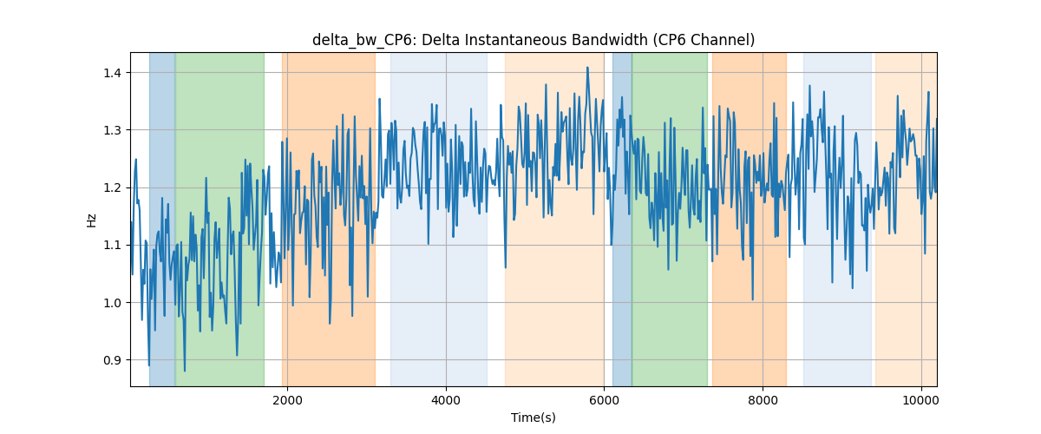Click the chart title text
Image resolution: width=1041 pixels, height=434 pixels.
[x=534, y=40]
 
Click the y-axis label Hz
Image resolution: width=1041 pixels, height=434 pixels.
[x=92, y=220]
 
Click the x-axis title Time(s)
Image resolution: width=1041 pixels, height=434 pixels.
[x=534, y=418]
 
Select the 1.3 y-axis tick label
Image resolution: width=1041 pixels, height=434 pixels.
[x=112, y=130]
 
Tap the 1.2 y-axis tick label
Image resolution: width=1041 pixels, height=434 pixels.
[x=112, y=188]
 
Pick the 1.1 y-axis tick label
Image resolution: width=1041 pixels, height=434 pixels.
[x=112, y=245]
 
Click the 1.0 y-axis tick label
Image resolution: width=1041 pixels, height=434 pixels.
[x=112, y=303]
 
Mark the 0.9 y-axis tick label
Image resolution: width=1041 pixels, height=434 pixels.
[x=112, y=360]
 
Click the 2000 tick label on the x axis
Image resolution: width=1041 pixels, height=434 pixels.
[x=288, y=400]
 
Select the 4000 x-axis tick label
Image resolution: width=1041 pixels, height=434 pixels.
[x=446, y=400]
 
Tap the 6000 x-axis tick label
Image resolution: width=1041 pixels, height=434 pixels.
[x=604, y=400]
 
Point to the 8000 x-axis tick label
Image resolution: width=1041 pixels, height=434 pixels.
[x=763, y=400]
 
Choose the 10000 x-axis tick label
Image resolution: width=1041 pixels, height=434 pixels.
[x=921, y=400]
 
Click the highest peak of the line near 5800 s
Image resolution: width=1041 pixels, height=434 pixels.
[x=587, y=68]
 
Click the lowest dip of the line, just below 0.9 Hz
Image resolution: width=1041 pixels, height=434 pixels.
[x=185, y=371]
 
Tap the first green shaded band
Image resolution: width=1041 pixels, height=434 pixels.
[x=219, y=219]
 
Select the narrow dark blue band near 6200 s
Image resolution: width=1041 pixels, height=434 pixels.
[x=622, y=219]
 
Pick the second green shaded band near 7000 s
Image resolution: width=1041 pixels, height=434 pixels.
[x=670, y=219]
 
